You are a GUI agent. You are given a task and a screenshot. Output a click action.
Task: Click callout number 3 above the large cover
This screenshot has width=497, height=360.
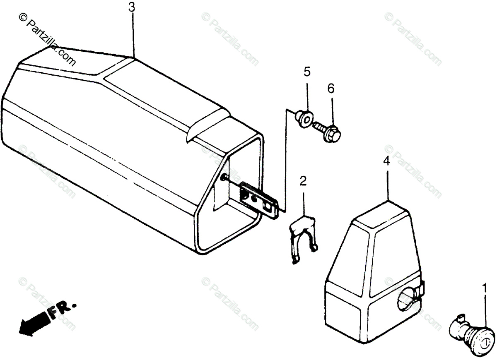pos(131,7)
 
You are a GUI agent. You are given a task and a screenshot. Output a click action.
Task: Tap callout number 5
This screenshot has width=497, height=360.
pos(307,72)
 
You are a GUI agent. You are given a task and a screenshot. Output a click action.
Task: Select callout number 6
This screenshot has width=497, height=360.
pos(331,89)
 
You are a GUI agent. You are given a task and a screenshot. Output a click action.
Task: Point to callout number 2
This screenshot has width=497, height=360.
pos(304,181)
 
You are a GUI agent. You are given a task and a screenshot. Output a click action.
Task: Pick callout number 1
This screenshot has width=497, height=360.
pos(484,287)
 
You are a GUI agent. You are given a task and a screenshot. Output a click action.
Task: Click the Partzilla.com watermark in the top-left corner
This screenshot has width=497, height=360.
pos(48,39)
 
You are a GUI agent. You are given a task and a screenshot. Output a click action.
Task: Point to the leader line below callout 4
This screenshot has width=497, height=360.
pos(387,184)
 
